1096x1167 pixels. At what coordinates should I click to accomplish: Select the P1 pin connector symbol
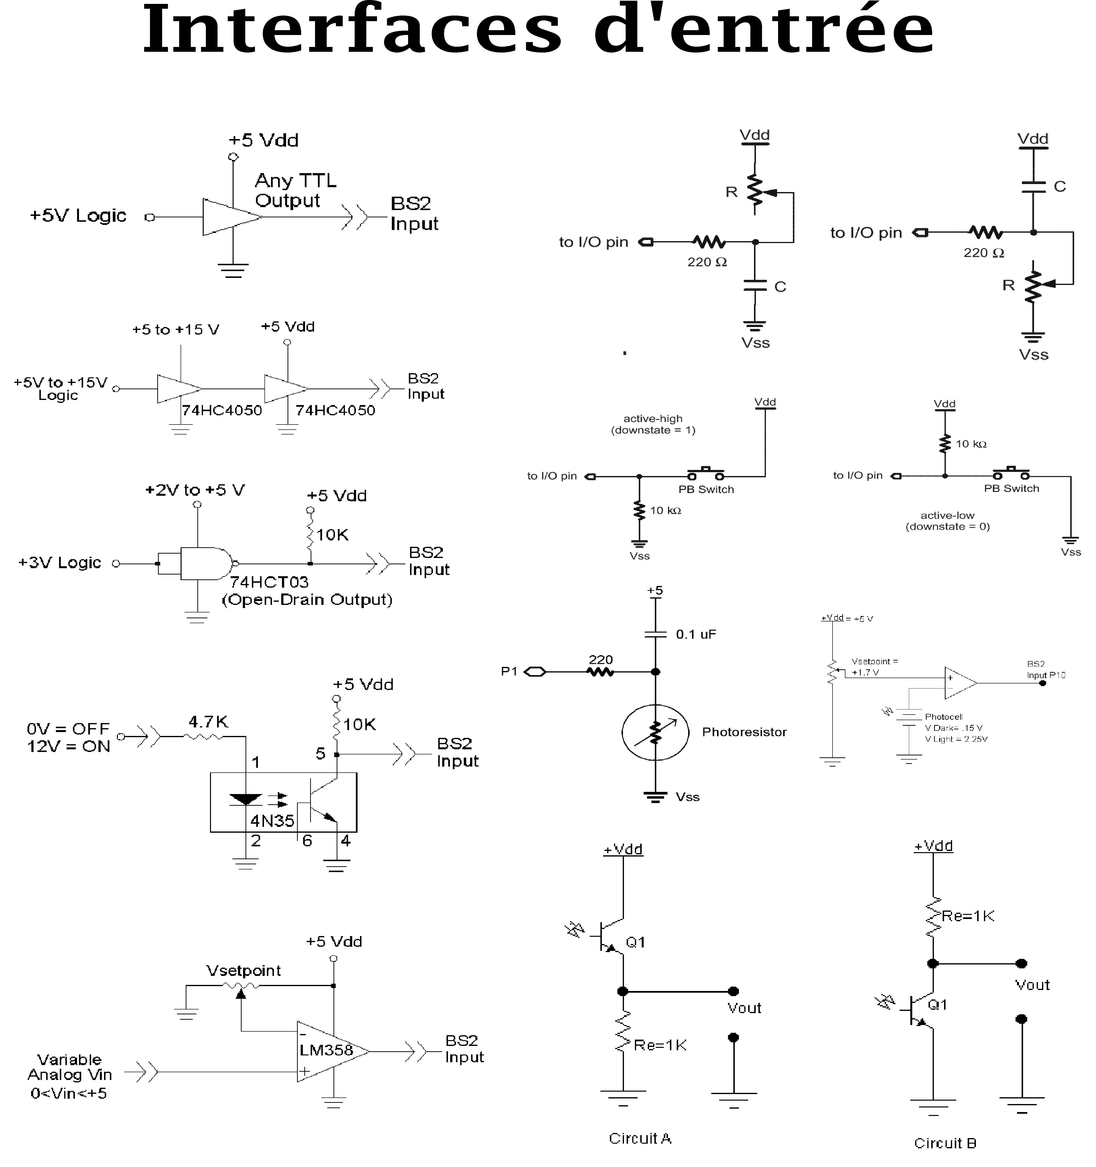[534, 672]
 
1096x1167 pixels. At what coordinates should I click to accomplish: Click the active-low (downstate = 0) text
[947, 521]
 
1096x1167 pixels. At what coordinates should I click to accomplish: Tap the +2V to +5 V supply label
[195, 490]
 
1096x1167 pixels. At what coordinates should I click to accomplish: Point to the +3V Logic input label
[60, 562]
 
